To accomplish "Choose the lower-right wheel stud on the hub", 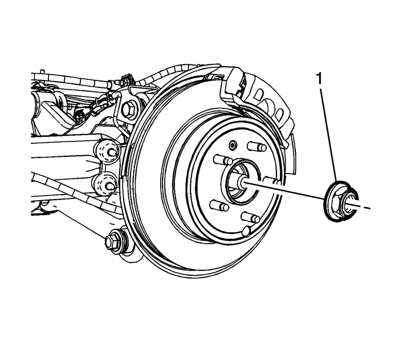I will click(250, 217).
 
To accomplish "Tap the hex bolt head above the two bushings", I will click(130, 108).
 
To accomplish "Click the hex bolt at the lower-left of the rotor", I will click(112, 242).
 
